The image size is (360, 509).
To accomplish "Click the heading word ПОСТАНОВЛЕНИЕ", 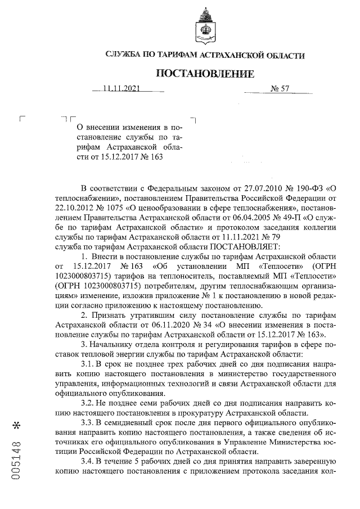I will tap(205, 74).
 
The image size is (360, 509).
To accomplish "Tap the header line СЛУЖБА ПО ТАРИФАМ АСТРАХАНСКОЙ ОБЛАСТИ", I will tap(205, 55).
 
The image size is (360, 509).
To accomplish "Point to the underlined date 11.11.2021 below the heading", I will tap(121, 88).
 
